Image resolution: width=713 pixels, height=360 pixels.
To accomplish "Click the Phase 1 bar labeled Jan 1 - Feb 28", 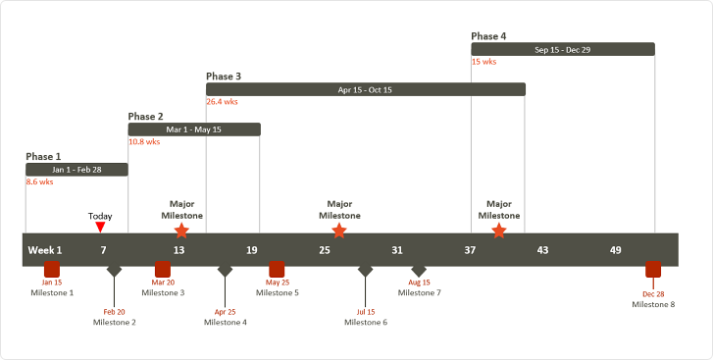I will point(76,170).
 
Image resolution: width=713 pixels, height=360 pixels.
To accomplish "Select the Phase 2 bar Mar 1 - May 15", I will point(194,129).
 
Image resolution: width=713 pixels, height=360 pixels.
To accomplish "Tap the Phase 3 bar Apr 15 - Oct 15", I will point(365,89).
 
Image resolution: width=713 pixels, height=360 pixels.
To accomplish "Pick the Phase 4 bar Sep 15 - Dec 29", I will point(562,49).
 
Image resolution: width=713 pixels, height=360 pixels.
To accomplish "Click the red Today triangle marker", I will point(100,228).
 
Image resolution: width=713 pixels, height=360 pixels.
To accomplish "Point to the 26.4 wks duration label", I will point(222,101).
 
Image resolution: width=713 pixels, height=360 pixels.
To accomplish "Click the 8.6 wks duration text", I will point(39,181).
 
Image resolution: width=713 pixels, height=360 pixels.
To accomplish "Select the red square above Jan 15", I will point(52,269).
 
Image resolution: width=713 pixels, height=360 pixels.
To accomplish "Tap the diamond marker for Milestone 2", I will point(114,270).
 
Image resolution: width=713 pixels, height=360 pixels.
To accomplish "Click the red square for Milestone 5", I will point(277,269).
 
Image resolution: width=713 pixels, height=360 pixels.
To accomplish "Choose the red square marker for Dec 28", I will point(653,269).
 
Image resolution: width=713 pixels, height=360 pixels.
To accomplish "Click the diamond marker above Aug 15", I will point(419,270).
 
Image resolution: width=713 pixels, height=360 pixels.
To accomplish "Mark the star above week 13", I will point(181,231).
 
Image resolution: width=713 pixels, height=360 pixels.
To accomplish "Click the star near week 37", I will point(499,231).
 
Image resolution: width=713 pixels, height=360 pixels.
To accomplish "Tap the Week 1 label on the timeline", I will point(45,250).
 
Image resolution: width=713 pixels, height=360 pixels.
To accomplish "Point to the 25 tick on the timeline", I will point(325,250).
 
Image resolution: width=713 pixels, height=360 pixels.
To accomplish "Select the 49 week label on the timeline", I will point(615,250).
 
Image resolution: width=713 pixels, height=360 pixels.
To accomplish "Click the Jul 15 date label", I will point(366,312).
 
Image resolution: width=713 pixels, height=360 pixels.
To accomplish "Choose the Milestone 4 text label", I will point(226,322).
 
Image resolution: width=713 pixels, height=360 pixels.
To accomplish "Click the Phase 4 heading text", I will point(488,36).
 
